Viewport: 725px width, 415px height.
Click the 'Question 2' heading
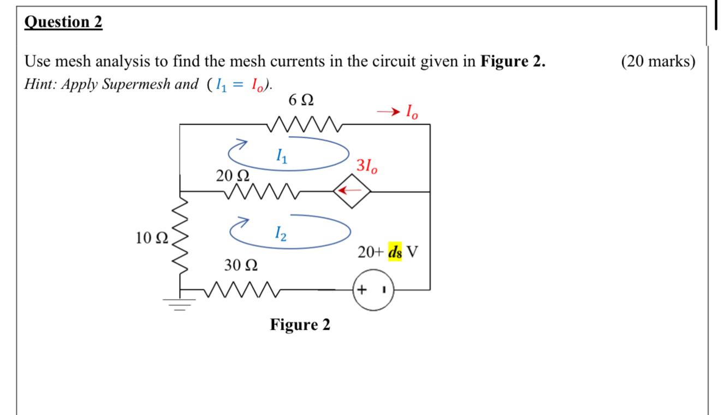[63, 22]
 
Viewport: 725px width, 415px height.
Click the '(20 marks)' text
[658, 61]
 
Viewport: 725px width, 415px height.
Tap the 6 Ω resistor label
[300, 101]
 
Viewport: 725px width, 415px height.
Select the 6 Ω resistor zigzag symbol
[306, 125]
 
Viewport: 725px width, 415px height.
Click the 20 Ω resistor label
[233, 176]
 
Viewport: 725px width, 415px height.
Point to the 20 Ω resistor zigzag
[261, 191]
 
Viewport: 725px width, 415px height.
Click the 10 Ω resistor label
[152, 238]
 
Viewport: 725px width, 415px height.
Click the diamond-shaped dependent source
[352, 191]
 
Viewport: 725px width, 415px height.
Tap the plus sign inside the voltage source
[362, 289]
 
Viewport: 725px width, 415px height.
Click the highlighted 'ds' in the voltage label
[395, 253]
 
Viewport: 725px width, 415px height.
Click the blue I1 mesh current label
[280, 157]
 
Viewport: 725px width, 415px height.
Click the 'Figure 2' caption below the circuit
[300, 325]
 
